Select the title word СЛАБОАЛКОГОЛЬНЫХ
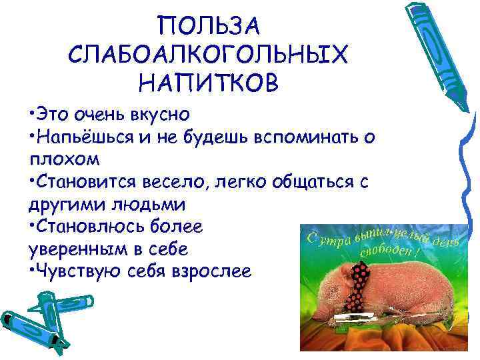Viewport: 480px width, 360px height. (207, 55)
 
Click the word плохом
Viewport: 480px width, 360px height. (63, 160)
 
